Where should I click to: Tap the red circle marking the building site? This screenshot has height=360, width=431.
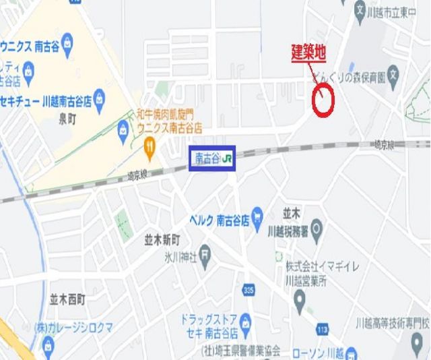[324, 100]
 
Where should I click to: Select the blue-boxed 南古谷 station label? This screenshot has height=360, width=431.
[211, 158]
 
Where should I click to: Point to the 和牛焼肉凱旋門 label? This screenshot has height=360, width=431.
[166, 114]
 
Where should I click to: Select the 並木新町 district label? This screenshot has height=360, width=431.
[162, 240]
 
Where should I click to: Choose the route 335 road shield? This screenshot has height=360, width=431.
[249, 289]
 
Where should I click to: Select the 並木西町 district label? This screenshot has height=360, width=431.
[67, 299]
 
